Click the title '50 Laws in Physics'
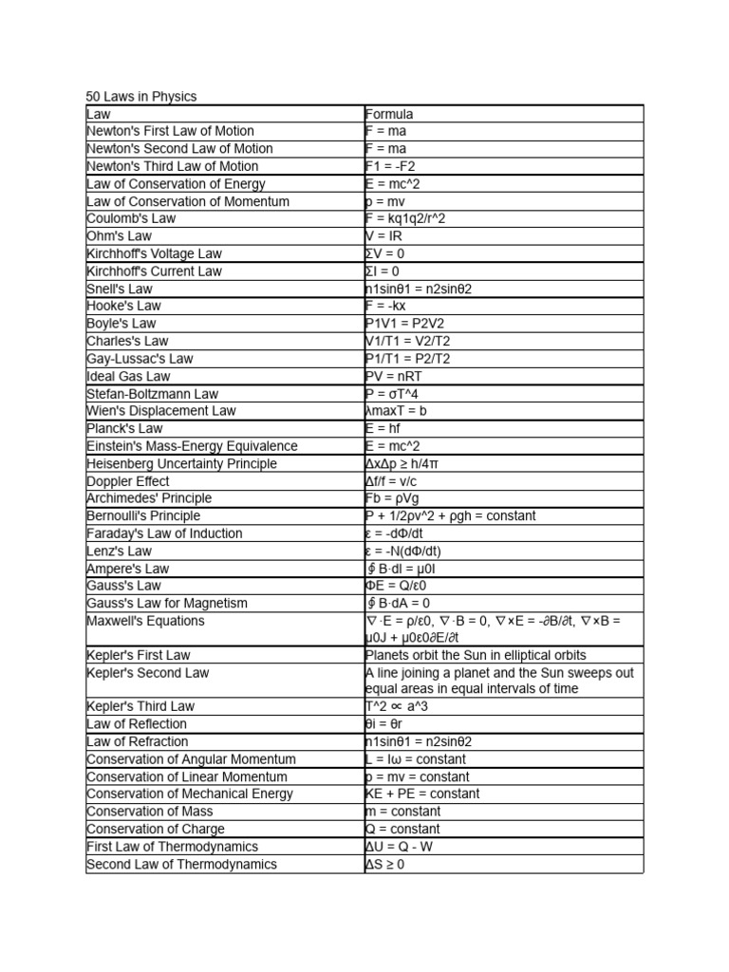click(141, 97)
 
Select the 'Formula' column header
click(389, 114)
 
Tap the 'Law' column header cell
click(99, 114)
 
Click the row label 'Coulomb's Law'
click(131, 218)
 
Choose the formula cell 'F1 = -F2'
click(391, 166)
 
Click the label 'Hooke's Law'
click(123, 306)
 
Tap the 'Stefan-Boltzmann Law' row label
click(152, 393)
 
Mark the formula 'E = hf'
click(383, 428)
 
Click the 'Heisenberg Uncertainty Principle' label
click(181, 463)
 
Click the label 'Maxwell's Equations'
click(145, 621)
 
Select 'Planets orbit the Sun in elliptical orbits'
click(476, 656)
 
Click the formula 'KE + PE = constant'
click(422, 794)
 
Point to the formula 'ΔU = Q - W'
click(405, 847)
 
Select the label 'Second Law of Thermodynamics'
click(181, 864)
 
